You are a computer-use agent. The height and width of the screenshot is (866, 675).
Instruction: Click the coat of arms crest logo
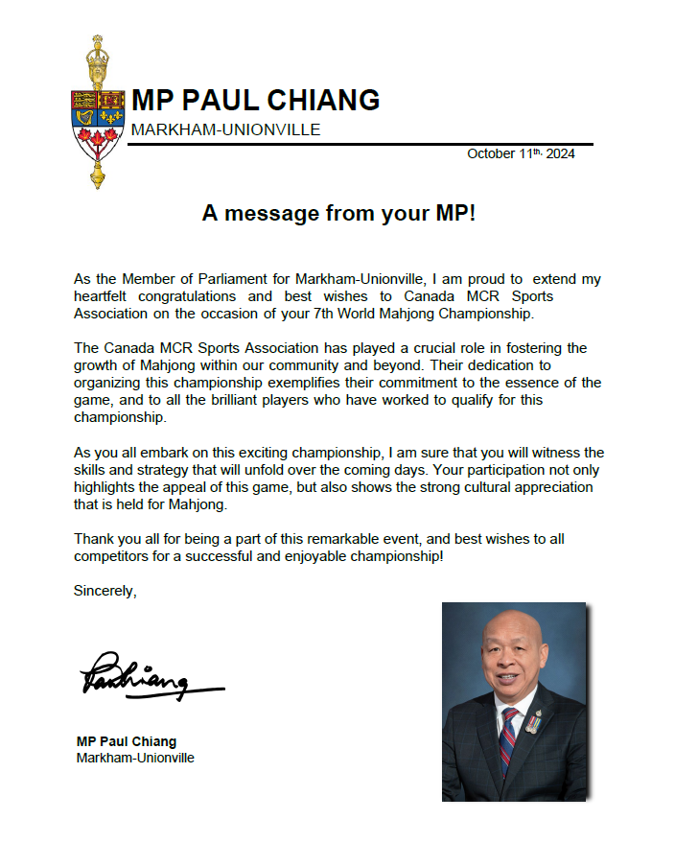pos(97,112)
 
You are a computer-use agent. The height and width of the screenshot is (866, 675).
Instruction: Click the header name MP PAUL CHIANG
pos(255,101)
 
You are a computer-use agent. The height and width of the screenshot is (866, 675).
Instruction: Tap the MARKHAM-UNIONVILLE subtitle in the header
pos(225,129)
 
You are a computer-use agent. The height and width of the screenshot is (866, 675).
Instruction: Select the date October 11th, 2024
pos(521,153)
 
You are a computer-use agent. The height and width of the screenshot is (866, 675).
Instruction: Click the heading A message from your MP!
pos(338,213)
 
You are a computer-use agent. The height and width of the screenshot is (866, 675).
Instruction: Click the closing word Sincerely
pos(105,591)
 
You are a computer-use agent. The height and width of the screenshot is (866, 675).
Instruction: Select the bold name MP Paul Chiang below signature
pos(127,741)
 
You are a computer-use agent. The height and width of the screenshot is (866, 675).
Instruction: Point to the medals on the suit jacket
pos(533,725)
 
